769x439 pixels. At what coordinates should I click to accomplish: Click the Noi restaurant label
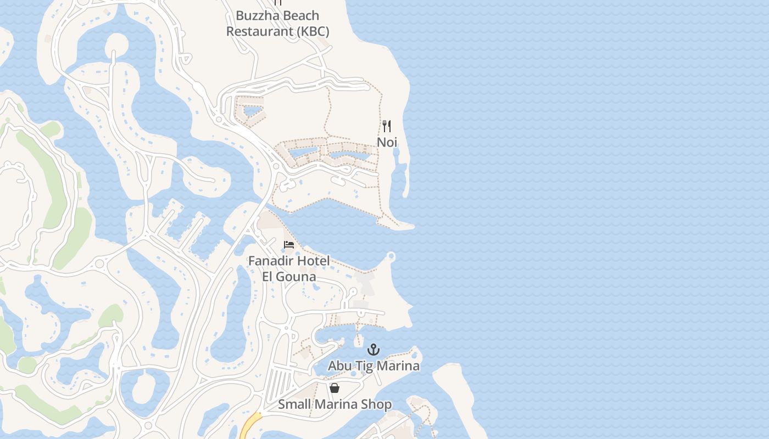(387, 142)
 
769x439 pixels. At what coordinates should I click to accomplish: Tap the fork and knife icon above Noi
(387, 126)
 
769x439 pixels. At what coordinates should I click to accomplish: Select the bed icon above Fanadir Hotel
(289, 245)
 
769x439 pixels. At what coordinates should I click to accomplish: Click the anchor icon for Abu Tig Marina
(374, 350)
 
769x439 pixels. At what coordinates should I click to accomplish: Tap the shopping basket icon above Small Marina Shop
(335, 389)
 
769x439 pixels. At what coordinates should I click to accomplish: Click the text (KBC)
(313, 31)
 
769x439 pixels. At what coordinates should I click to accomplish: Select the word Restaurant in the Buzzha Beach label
(260, 31)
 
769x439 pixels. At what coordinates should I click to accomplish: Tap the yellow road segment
(250, 426)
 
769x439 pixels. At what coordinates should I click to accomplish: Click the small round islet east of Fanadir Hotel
(391, 256)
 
